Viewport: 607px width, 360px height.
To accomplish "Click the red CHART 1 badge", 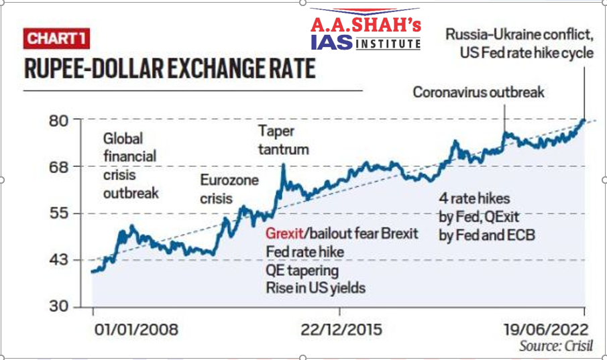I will tap(58, 38).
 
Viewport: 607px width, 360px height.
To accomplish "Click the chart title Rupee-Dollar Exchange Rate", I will tap(170, 69).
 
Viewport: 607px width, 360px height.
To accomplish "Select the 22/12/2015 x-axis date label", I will tap(341, 330).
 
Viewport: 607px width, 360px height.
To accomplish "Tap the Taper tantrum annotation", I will tap(284, 139).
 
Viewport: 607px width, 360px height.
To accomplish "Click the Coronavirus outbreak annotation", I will tap(479, 92).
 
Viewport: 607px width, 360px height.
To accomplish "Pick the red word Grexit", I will tap(285, 234).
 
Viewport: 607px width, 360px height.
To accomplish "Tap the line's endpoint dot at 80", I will tap(583, 121).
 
